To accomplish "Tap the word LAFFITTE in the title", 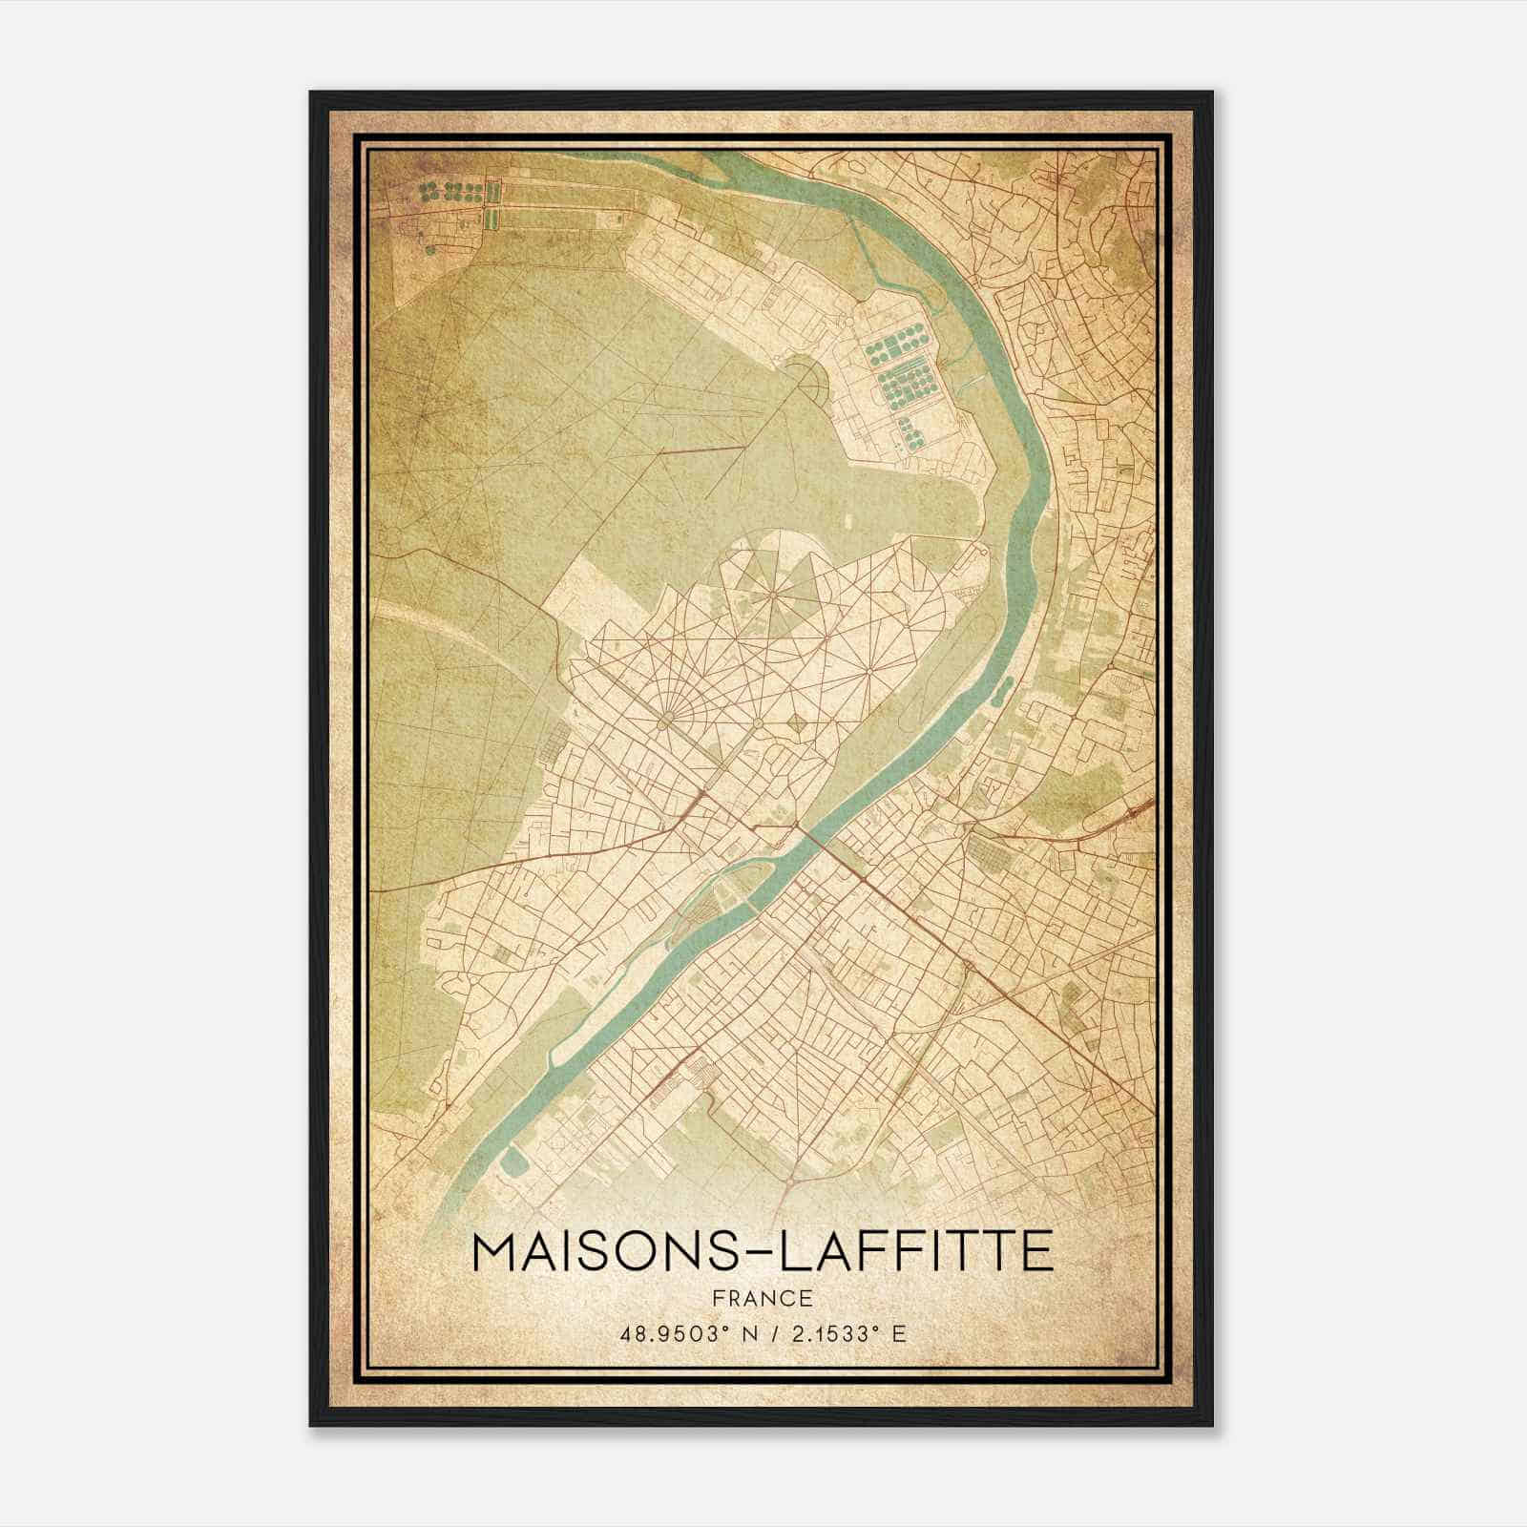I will point(917,1252).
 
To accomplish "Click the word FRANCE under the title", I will point(763,1298).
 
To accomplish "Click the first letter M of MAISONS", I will point(493,1252).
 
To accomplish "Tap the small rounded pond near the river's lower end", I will point(515,1161).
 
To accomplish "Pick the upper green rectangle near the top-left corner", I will point(492,193).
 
